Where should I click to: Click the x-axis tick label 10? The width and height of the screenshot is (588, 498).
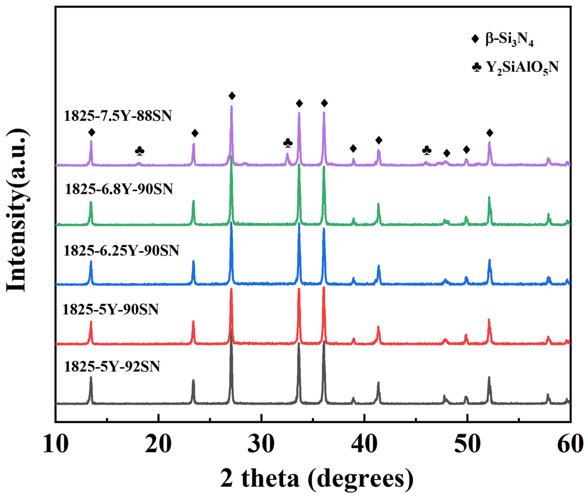click(56, 444)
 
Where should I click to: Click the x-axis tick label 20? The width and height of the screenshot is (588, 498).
click(158, 444)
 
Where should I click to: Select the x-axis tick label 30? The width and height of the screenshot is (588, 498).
click(261, 444)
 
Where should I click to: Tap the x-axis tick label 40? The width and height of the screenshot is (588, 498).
click(364, 444)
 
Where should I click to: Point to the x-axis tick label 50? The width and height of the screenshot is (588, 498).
click(467, 444)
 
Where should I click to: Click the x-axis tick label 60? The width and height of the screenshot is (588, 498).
click(570, 444)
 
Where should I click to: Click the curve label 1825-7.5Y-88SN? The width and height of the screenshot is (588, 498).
click(118, 116)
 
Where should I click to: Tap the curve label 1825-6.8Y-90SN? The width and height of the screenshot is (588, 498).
click(119, 189)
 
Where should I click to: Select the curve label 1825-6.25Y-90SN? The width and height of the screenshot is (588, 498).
click(121, 250)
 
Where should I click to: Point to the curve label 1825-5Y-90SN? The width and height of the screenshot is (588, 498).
click(111, 309)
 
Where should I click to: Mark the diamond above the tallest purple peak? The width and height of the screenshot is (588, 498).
click(232, 96)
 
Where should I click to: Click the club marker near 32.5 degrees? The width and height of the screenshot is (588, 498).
click(288, 143)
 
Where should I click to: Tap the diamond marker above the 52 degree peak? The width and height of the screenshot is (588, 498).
click(490, 133)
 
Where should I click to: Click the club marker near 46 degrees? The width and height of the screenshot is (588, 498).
click(427, 151)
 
